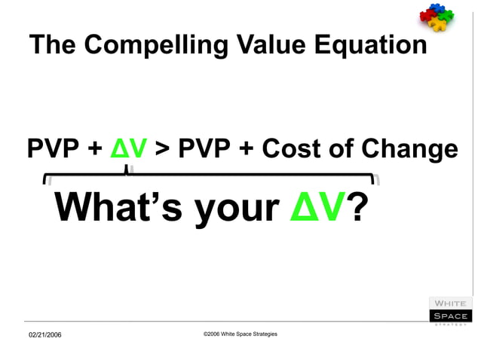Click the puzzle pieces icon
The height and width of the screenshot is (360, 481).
[x=438, y=16]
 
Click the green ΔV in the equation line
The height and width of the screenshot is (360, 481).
[x=128, y=148]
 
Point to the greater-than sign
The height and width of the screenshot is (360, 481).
[x=162, y=149]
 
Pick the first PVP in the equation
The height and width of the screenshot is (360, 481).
[x=53, y=148]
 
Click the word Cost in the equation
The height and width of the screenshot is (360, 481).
[x=290, y=148]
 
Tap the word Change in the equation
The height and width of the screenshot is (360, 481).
[x=409, y=149]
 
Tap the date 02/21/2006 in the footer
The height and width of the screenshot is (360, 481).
[x=45, y=334]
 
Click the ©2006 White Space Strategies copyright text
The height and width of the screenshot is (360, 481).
[x=240, y=333]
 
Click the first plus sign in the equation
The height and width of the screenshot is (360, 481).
[x=93, y=149]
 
